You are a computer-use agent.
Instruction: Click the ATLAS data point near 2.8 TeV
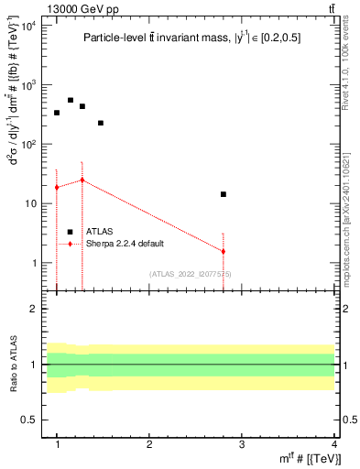(x=223, y=194)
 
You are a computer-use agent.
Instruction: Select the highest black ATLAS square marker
(x=71, y=100)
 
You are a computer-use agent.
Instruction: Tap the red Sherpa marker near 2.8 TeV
(x=223, y=251)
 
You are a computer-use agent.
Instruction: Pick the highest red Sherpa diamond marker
(x=82, y=180)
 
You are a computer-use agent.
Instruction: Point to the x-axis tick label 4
(x=333, y=444)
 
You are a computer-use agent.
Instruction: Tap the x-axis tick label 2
(x=149, y=444)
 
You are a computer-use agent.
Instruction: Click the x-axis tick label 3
(x=242, y=444)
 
